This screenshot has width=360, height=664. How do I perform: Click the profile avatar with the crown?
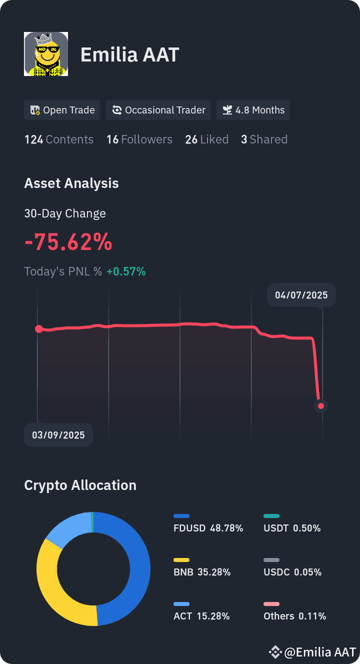point(46,54)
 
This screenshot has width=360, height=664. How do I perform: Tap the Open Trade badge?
point(62,110)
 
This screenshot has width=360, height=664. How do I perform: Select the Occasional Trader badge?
point(158,110)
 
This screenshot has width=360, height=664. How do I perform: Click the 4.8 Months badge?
point(253,110)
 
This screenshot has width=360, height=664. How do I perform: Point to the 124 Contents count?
point(58,139)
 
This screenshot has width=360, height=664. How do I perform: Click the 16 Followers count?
point(139,139)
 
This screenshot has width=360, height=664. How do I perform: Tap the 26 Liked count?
point(206,139)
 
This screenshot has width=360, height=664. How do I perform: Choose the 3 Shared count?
point(264,139)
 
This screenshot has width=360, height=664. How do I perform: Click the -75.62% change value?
point(68,242)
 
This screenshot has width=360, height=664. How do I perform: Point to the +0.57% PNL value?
point(126,271)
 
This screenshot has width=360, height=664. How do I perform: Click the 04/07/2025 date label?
point(301,295)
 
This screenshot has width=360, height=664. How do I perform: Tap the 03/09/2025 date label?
point(58,435)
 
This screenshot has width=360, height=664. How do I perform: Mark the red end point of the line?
point(321,406)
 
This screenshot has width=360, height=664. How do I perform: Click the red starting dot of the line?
point(39,328)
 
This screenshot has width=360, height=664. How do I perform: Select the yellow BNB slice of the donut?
point(55,590)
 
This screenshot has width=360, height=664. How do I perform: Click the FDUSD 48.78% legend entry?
point(208,523)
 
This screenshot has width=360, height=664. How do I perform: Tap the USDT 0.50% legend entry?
point(292,523)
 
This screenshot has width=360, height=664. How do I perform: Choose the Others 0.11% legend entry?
point(295,612)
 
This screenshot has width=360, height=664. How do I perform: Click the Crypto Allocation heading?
point(80,485)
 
